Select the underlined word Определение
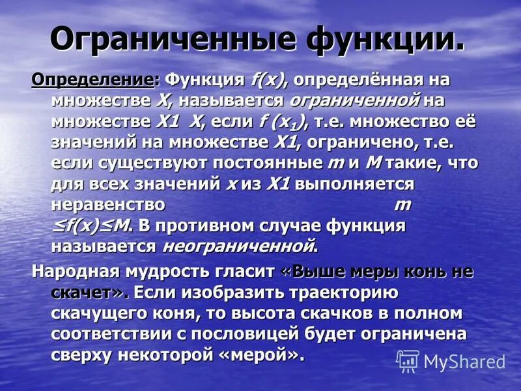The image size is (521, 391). tap(93, 80)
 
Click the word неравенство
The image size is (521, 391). tap(107, 205)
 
